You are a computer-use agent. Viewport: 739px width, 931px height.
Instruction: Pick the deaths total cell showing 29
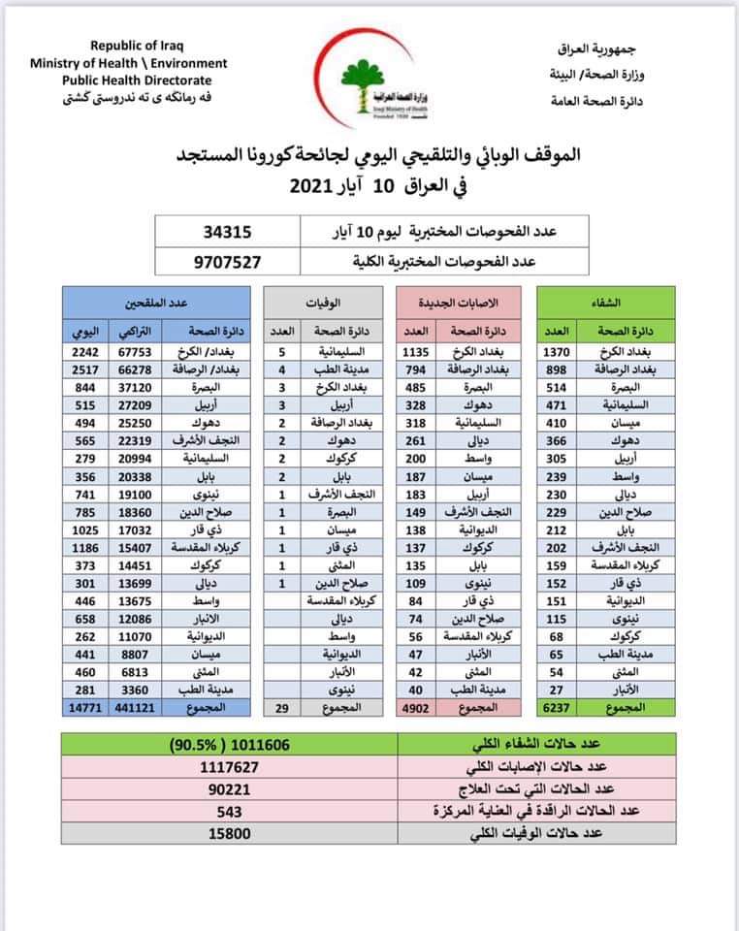pyautogui.click(x=281, y=709)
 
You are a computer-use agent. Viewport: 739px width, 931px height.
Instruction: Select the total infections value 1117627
pyautogui.click(x=229, y=765)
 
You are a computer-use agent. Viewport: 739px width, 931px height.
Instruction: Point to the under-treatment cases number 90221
pyautogui.click(x=229, y=787)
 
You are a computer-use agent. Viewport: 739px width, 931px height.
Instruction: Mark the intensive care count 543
pyautogui.click(x=229, y=811)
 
